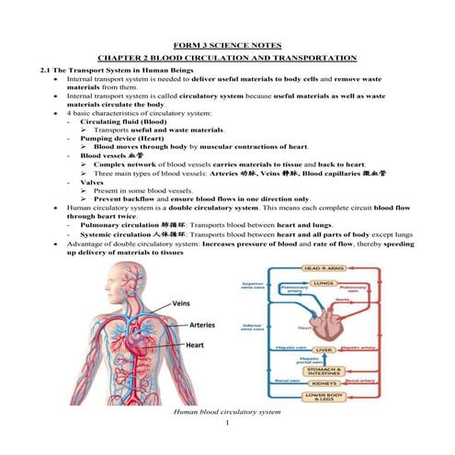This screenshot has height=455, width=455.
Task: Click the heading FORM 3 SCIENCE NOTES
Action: coord(227,44)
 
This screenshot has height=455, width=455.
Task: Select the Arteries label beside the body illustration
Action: coord(201,324)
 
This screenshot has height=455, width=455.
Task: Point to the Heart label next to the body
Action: coord(195,346)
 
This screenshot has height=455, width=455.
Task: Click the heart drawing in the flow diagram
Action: coord(326,321)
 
